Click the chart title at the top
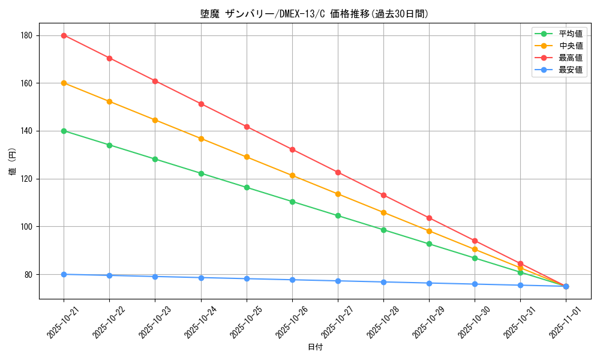pos(314,14)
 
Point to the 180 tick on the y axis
pos(27,35)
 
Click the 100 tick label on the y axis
pos(27,227)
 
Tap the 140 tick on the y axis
pos(27,131)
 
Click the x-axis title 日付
pos(314,347)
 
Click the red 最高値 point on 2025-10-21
pos(64,35)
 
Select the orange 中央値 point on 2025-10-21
pos(64,83)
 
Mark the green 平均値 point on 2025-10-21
pos(64,131)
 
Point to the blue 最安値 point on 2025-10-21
pos(64,274)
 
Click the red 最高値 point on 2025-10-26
pos(292,149)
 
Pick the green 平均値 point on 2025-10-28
pos(383,230)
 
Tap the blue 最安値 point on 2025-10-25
pos(247,278)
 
